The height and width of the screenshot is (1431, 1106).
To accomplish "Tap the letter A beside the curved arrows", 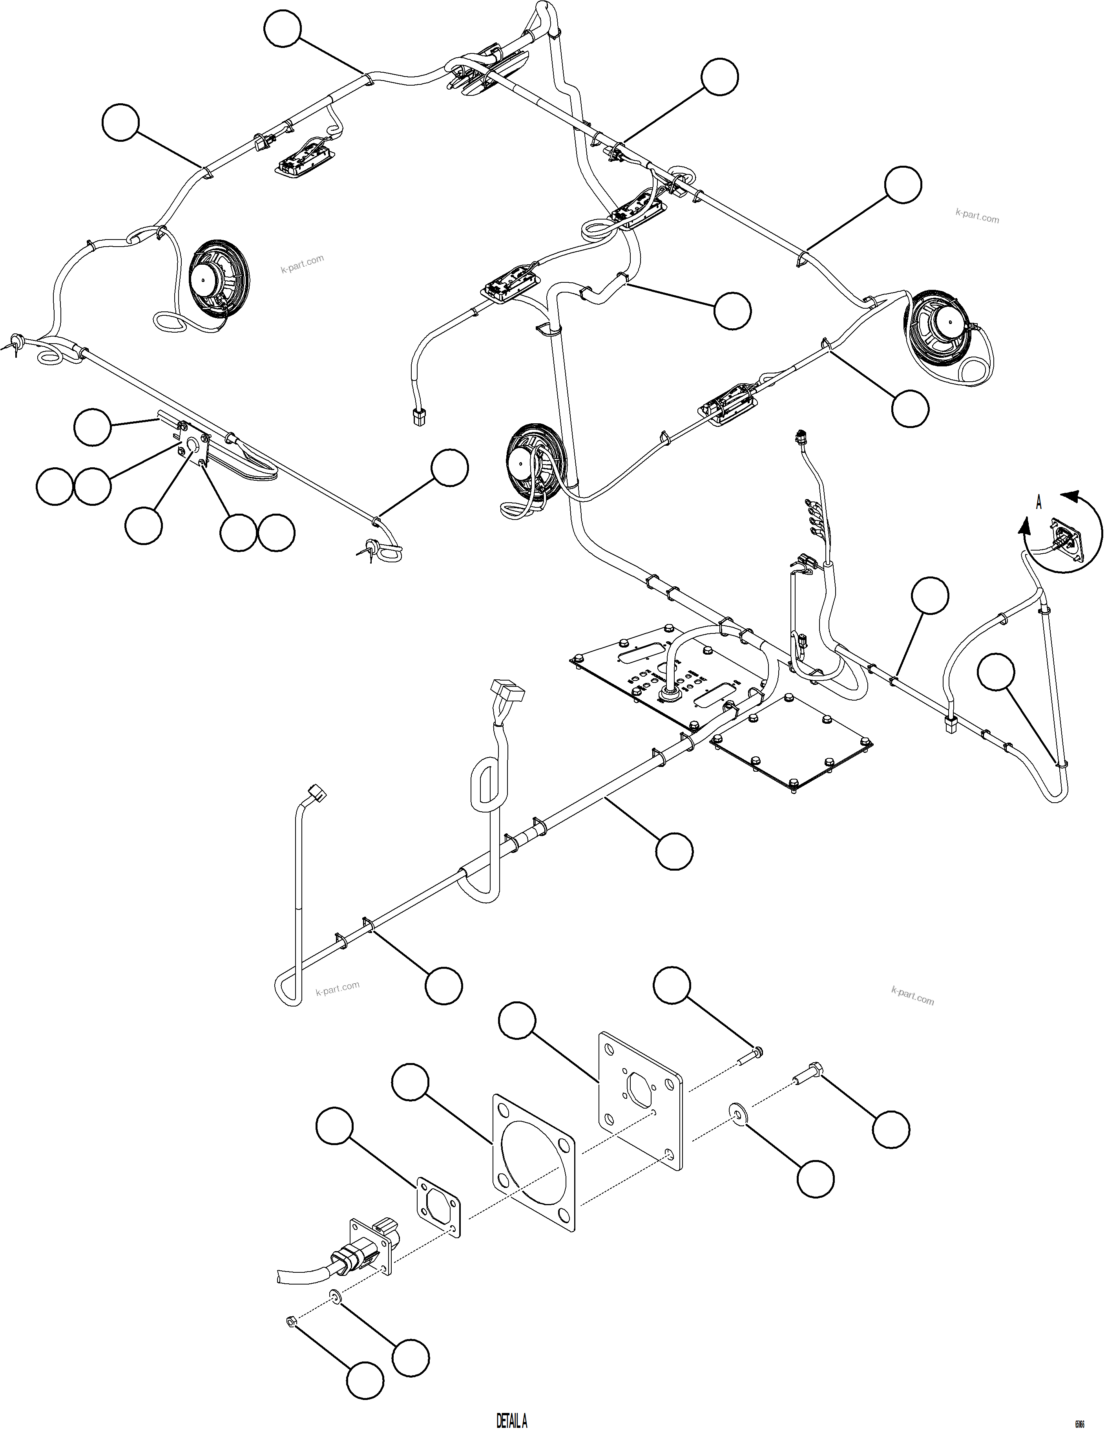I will coord(1038,503).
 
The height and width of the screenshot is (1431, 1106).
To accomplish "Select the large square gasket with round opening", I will coord(534,1160).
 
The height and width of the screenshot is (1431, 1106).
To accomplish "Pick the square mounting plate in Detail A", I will coord(641,1100).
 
